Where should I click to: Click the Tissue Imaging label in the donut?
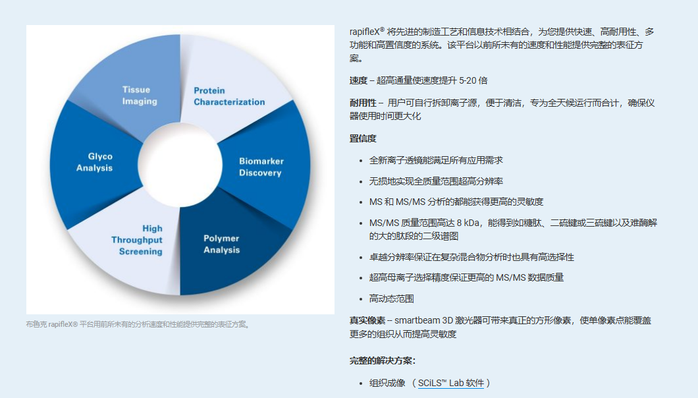point(140,96)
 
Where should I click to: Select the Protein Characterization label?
point(229,96)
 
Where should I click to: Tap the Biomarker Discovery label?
point(261,167)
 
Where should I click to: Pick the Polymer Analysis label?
point(222,244)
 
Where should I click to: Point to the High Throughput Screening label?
point(137,240)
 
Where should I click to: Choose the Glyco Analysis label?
point(94,162)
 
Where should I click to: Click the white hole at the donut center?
point(180,165)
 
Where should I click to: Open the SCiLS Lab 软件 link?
point(450,383)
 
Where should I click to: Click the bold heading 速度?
point(358,80)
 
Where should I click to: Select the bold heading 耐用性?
point(363,103)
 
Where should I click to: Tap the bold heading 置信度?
point(363,138)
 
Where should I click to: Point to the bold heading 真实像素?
point(367,320)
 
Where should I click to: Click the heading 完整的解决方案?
point(383,360)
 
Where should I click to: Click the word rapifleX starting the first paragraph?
point(365,32)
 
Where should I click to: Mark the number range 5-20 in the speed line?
point(468,80)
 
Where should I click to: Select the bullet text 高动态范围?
point(392,298)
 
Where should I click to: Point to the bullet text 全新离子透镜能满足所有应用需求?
point(436,160)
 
